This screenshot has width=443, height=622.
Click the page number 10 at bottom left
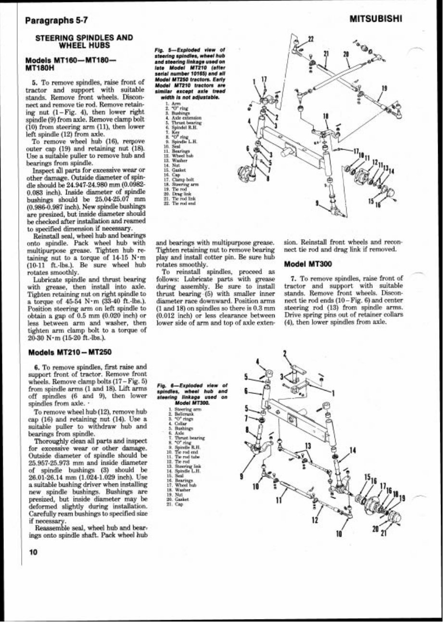(33, 552)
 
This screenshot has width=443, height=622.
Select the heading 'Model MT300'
(307, 264)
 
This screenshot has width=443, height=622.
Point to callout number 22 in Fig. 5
(310, 39)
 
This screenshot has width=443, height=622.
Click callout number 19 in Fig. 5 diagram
(384, 88)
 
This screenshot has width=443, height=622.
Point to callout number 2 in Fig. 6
(285, 355)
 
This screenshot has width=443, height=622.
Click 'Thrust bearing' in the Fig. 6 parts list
(179, 438)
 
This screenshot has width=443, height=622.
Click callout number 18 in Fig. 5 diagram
(326, 116)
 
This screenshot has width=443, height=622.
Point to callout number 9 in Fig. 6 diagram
(242, 477)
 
